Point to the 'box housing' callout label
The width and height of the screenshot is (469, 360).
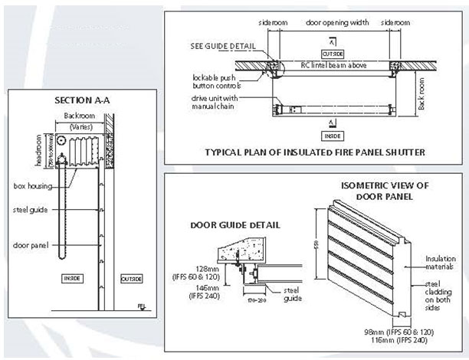coord(35,185)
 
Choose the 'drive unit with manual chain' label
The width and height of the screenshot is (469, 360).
coord(220,102)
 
